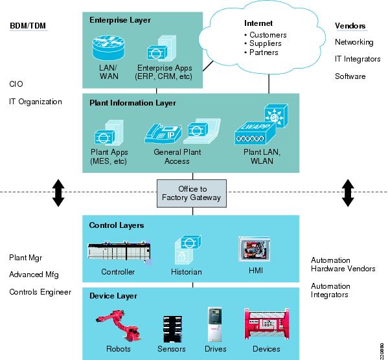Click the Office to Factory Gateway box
point(192,193)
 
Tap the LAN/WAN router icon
point(108,48)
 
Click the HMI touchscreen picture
point(255,249)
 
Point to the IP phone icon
point(163,133)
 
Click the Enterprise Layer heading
point(120,20)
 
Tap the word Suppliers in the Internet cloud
point(266,43)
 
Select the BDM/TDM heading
point(28,26)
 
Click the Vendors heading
point(350,26)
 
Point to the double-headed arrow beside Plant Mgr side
point(58,193)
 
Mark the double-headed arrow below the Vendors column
point(348,193)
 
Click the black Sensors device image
point(172,329)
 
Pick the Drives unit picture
point(215,324)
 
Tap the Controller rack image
point(119,251)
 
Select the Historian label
point(187,272)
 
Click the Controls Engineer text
point(40,292)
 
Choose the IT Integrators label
point(358,59)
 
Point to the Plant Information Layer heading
point(133,103)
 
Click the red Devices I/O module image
point(266,324)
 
